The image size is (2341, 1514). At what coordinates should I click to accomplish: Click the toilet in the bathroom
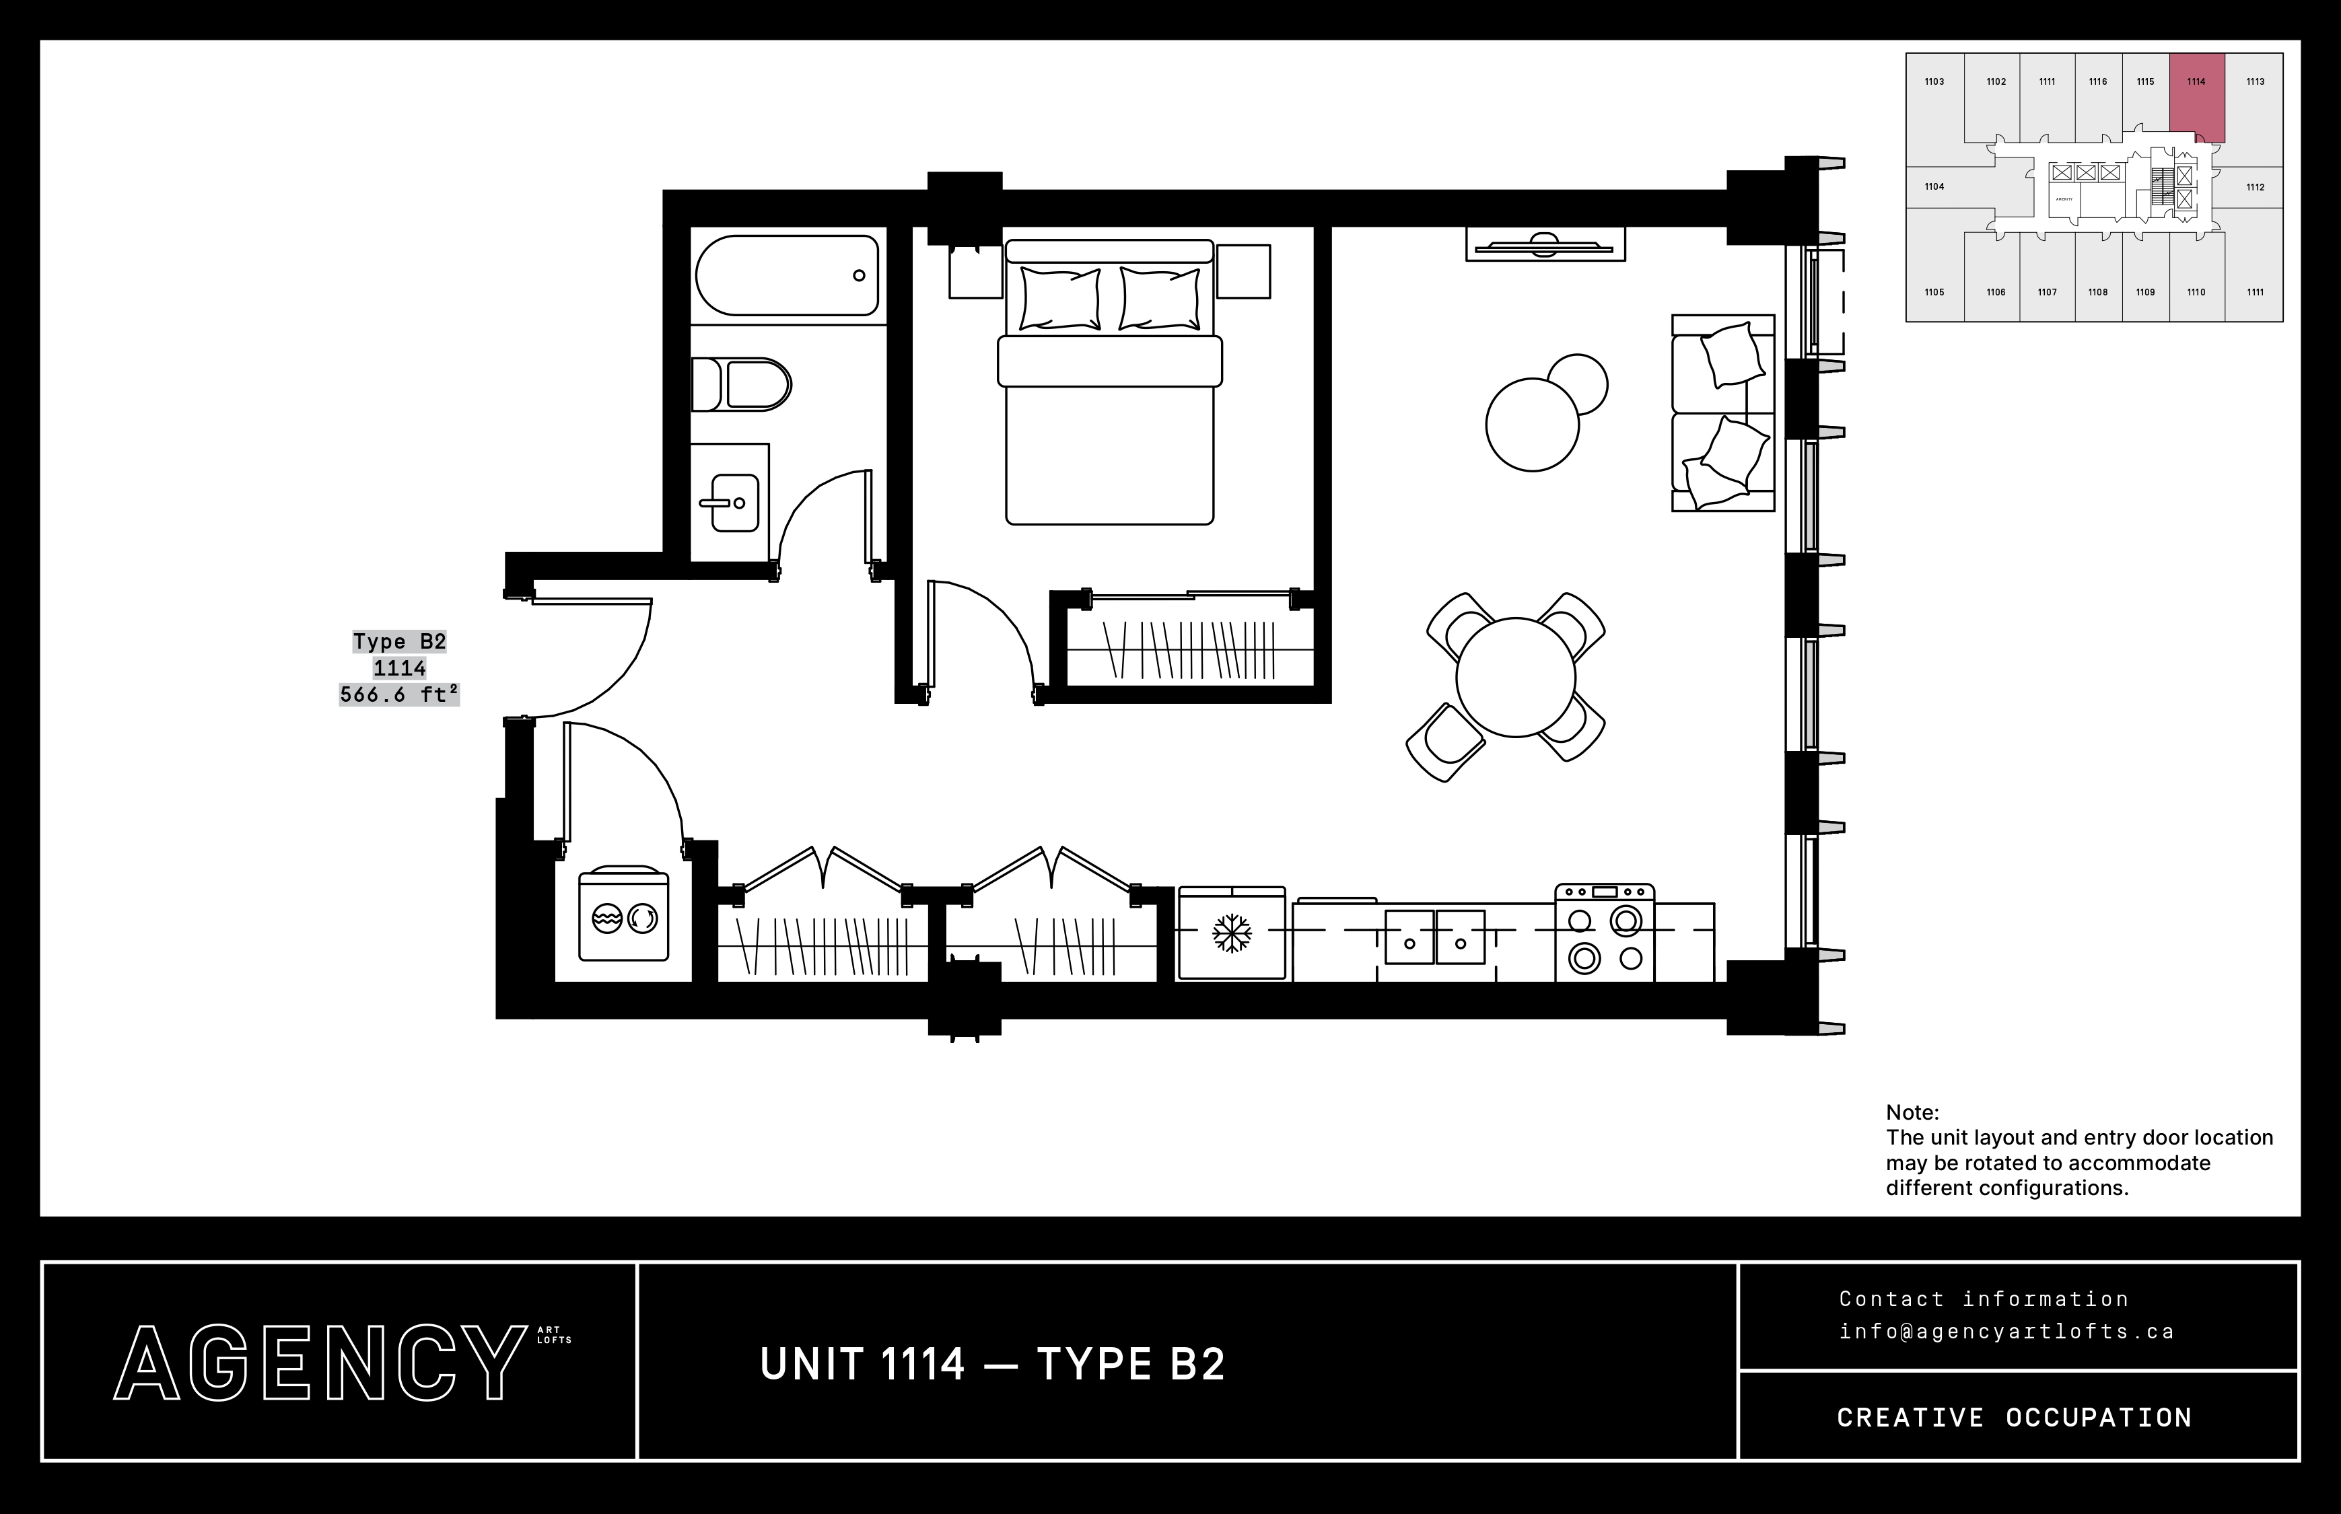(743, 384)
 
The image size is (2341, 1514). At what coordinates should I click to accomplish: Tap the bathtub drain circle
(858, 275)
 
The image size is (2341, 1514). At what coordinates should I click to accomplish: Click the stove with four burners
(1605, 933)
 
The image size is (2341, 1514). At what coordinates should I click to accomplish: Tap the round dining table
(1515, 678)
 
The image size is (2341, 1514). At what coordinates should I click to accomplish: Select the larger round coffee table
(1532, 425)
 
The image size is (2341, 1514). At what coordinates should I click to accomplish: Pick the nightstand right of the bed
(1243, 271)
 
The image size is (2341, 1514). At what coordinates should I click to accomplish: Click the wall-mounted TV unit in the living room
(1545, 244)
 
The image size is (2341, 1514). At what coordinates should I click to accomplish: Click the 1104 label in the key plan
(1934, 187)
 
